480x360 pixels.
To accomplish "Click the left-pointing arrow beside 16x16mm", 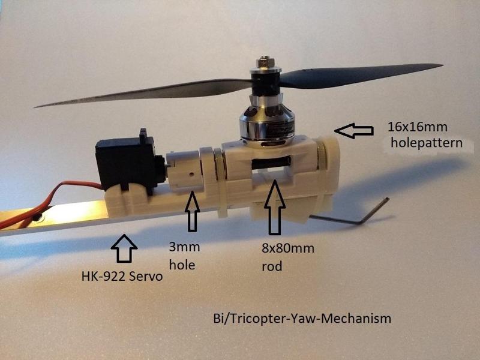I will pos(354,129).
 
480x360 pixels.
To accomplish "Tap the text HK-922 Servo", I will pos(121,278).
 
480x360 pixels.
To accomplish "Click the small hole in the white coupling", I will pos(191,173).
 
